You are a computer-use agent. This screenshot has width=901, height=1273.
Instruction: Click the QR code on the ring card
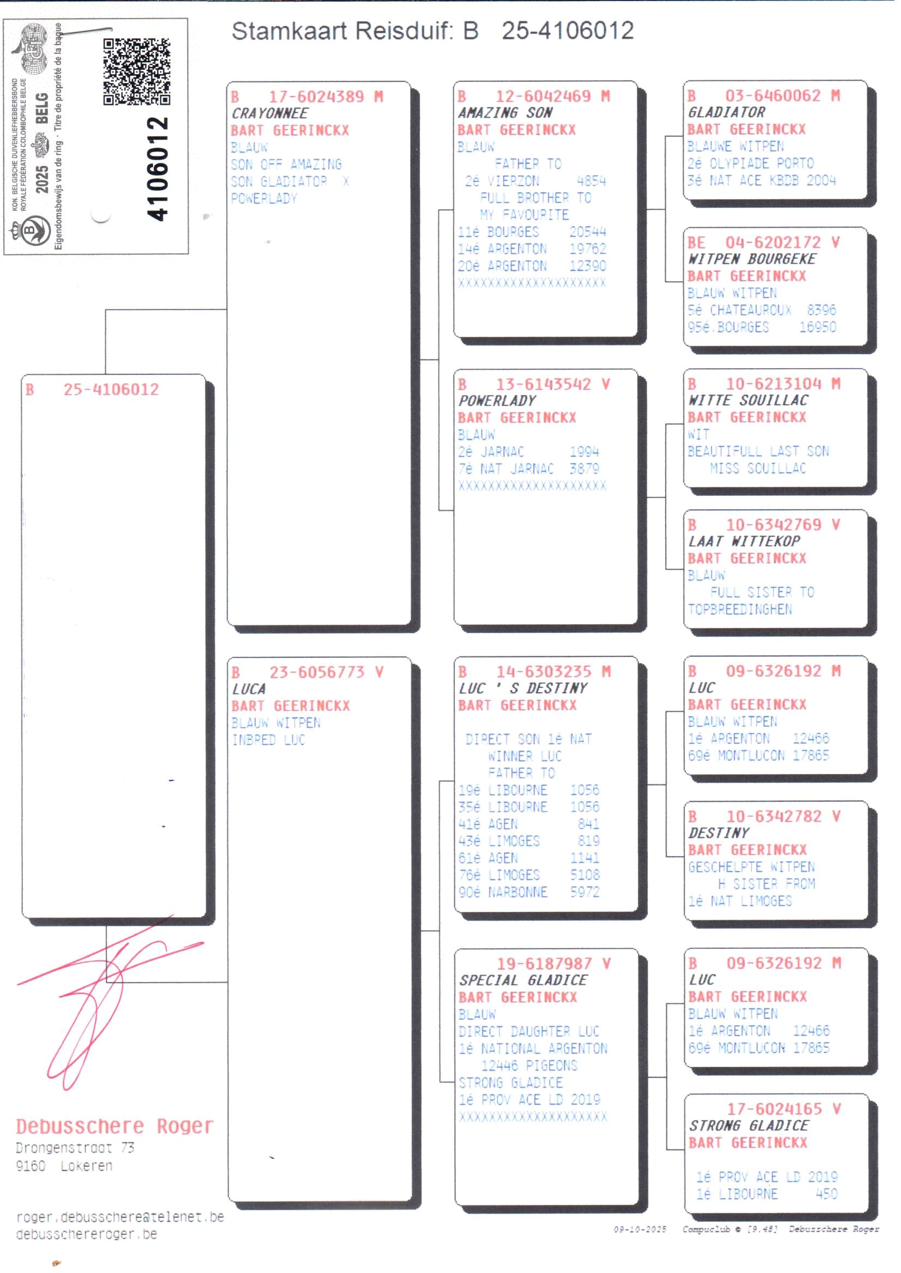point(137,71)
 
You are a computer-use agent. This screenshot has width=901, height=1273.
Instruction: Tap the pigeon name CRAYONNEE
point(270,113)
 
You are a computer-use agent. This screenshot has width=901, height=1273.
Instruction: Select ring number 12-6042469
point(543,96)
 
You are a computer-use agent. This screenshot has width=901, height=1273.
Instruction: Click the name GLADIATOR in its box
point(726,112)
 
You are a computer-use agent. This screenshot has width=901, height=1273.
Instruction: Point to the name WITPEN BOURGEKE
point(752,259)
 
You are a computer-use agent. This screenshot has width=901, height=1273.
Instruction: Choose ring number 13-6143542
point(543,384)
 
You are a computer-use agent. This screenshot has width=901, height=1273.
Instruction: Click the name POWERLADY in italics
point(497,400)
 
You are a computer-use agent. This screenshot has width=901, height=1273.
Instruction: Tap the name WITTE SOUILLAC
point(748,400)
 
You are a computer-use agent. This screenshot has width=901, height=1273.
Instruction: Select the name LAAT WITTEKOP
point(744,541)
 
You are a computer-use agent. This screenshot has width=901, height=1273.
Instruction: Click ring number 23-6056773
point(317,672)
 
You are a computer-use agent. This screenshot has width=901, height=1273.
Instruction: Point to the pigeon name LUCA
point(248,689)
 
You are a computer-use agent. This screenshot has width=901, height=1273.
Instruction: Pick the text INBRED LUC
point(269,740)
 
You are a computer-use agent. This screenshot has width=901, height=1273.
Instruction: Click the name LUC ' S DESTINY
point(522,688)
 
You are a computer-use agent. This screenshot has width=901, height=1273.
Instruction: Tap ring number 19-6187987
point(544,964)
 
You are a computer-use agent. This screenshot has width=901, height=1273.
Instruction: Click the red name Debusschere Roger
point(115,1126)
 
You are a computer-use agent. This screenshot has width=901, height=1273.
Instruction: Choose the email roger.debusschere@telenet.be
point(120,1217)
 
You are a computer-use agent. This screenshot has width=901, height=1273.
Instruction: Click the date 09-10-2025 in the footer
point(640,1229)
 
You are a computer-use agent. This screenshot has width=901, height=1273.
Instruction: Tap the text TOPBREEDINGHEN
point(740,609)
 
